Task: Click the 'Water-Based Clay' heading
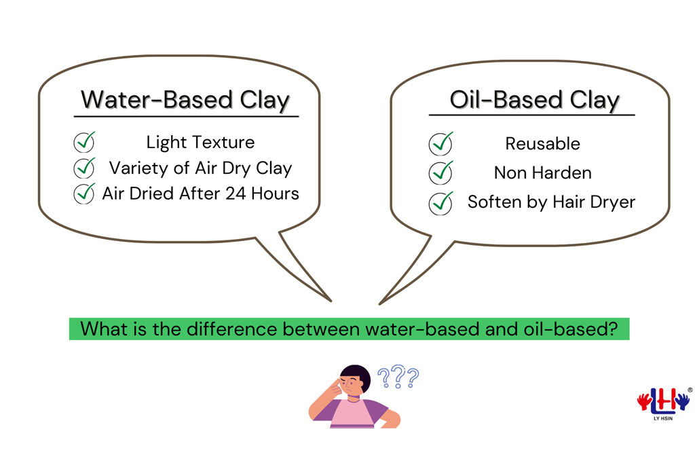(x=185, y=100)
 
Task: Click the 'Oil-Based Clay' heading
(x=534, y=100)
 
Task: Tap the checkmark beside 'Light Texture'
(x=84, y=143)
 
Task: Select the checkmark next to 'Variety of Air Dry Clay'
(x=84, y=167)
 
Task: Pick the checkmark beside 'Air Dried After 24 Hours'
(x=84, y=193)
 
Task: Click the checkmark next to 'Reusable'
(x=441, y=143)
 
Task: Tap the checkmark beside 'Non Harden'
(x=441, y=172)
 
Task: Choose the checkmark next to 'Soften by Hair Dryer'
(x=441, y=202)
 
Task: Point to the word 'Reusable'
(x=542, y=144)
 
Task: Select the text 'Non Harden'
(x=542, y=173)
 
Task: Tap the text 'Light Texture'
(x=200, y=143)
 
